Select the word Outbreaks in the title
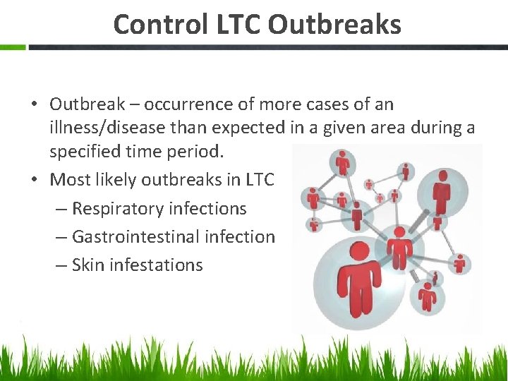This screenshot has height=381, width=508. click(334, 25)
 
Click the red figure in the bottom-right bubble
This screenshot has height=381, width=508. click(427, 296)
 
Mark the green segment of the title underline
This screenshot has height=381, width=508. click(13, 47)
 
